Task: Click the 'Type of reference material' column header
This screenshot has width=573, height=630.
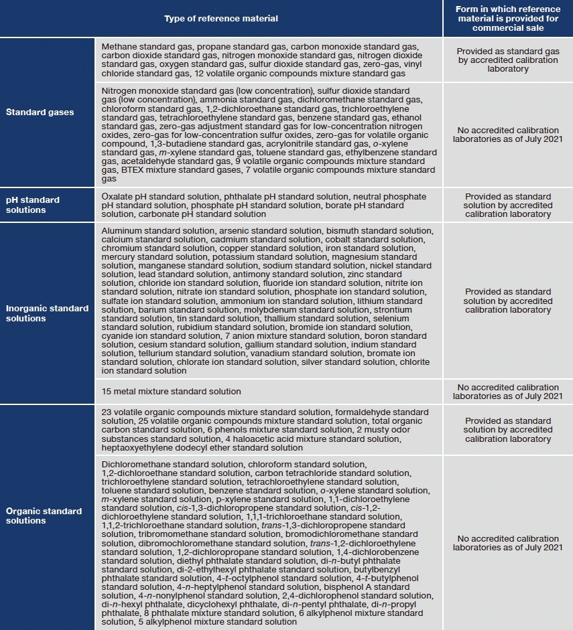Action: click(x=221, y=18)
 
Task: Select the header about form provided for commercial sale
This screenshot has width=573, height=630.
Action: click(x=507, y=18)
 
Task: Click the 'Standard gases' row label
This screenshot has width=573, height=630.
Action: click(x=40, y=112)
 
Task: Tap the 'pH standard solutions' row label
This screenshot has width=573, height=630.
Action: click(x=33, y=205)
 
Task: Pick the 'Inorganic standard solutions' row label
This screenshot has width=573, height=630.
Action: click(x=47, y=313)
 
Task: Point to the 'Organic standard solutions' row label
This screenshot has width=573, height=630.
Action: click(x=44, y=516)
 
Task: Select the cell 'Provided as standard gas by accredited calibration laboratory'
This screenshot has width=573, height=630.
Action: click(x=507, y=60)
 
